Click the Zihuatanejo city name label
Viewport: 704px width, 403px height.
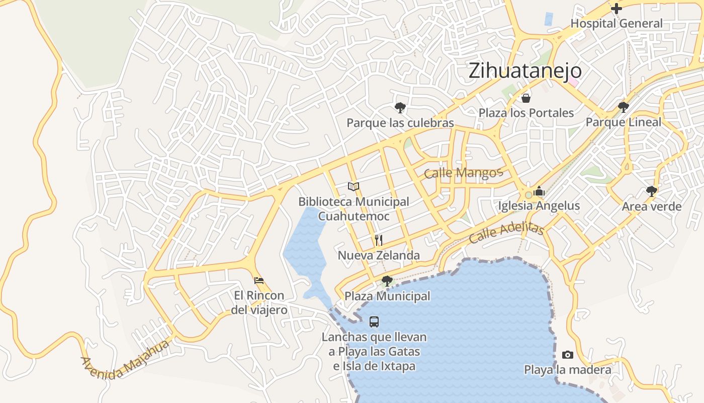click(525, 71)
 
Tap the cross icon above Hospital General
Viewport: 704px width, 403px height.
click(616, 8)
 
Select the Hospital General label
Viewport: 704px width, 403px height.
click(616, 24)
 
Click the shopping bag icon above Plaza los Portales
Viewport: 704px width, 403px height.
click(526, 98)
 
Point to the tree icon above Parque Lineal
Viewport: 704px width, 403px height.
click(624, 107)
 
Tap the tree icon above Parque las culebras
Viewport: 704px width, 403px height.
click(400, 107)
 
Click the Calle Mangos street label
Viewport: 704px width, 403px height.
click(463, 173)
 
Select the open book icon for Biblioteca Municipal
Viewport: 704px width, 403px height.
click(354, 186)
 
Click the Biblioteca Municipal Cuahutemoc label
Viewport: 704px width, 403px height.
click(354, 209)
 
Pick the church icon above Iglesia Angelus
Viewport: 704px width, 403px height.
click(539, 191)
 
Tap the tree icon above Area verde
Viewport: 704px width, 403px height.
click(652, 191)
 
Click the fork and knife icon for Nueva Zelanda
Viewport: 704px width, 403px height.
click(379, 240)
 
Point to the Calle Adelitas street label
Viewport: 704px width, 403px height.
click(506, 232)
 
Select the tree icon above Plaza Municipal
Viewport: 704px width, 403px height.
click(387, 281)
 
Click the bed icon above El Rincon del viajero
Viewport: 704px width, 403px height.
click(259, 280)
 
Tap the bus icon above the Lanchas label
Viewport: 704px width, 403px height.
click(374, 321)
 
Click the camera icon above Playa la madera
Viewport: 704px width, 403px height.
click(568, 355)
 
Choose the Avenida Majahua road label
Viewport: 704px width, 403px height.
click(124, 360)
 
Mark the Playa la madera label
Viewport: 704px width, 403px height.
click(568, 370)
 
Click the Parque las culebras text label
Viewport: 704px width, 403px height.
click(400, 123)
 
